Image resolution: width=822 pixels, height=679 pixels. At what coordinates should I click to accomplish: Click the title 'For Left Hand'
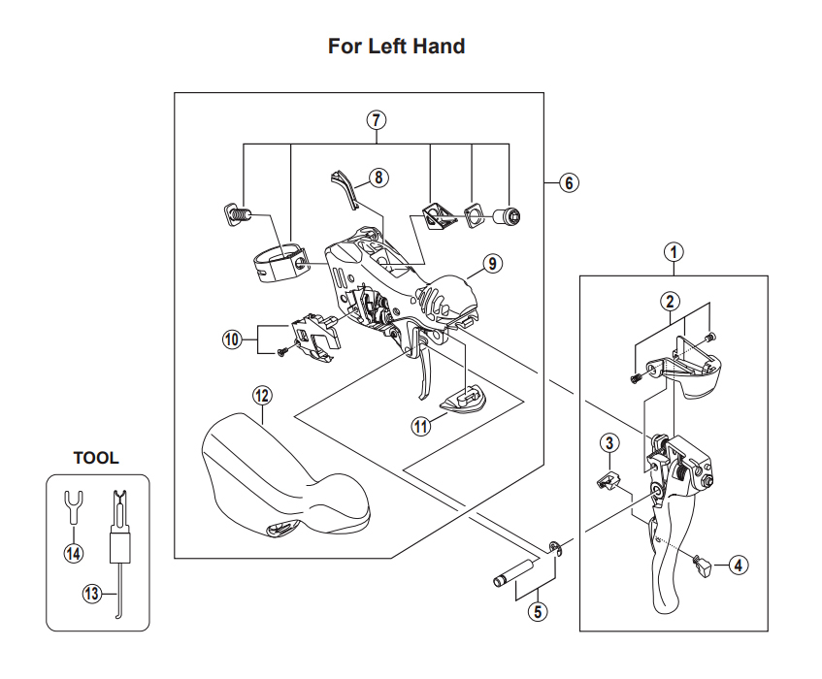point(396,46)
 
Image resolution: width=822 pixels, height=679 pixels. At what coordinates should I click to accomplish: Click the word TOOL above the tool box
point(96,458)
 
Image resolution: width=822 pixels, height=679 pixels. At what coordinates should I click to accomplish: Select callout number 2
point(671,301)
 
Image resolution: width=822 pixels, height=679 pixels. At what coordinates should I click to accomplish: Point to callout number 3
point(608,444)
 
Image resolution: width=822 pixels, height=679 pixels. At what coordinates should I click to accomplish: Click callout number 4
point(739,564)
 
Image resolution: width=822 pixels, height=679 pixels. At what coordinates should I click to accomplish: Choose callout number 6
point(570,182)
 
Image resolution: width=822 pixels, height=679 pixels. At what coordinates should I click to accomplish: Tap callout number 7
point(377,121)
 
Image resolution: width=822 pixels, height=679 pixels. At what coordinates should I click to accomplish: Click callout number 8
point(377,178)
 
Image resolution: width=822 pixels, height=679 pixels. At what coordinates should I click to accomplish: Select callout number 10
point(231,340)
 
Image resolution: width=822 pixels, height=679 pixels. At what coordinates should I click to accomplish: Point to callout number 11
point(421,426)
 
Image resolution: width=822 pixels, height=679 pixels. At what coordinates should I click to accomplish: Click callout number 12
point(262,395)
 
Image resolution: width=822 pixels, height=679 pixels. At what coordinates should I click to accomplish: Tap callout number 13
point(92,595)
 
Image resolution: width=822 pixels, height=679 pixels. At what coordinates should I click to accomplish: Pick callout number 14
point(74,553)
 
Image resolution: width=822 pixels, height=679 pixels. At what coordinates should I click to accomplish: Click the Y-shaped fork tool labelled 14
point(73,509)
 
